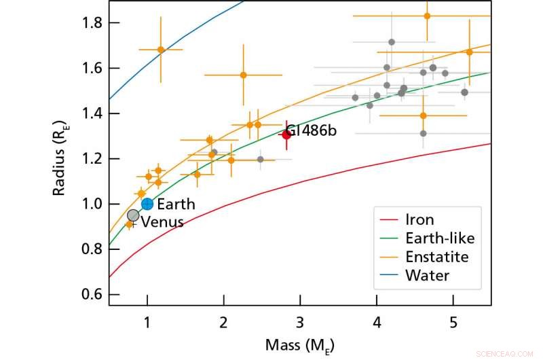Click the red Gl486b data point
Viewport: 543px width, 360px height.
pos(286,134)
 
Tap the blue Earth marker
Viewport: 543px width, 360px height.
pos(147,204)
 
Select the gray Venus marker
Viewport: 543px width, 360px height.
pos(133,215)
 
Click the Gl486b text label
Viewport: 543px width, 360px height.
pos(311,130)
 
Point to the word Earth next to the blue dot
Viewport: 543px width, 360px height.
pos(176,204)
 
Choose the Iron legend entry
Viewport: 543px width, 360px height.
pos(420,220)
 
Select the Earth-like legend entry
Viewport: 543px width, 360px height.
pos(439,238)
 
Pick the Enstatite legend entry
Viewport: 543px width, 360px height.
pos(437,257)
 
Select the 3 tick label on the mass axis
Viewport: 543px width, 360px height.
pos(300,321)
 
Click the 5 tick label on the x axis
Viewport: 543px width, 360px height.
pos(453,321)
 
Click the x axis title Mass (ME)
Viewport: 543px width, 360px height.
pos(300,345)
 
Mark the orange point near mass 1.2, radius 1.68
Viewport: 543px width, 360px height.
pos(161,50)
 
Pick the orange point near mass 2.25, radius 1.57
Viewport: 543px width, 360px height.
pos(243,75)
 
